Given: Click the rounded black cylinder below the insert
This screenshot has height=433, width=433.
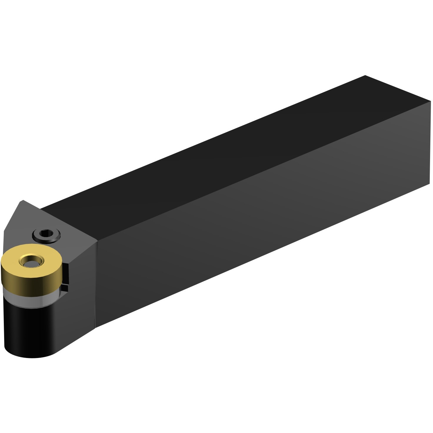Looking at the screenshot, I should [x=29, y=329].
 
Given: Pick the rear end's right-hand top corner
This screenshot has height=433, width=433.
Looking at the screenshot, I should [x=430, y=101].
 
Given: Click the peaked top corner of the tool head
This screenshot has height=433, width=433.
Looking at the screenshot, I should [x=22, y=201].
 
